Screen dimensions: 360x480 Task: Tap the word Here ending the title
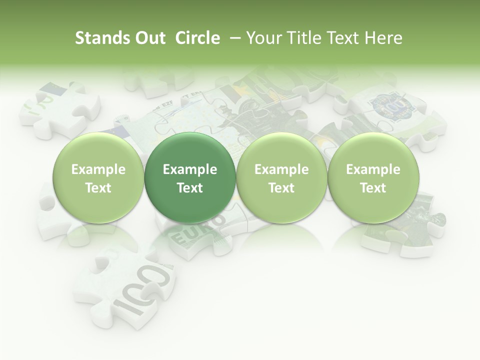pyautogui.click(x=383, y=38)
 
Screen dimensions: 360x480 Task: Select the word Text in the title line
pyautogui.click(x=342, y=38)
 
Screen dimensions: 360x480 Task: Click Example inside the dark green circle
pyautogui.click(x=190, y=170)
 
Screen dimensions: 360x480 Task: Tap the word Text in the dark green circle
pyautogui.click(x=190, y=188)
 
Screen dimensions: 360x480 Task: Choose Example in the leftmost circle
pyautogui.click(x=98, y=170)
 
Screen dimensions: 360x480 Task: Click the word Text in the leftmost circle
pyautogui.click(x=98, y=188)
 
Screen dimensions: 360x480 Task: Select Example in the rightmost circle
pyautogui.click(x=373, y=170)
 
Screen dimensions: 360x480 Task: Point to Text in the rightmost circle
pyautogui.click(x=373, y=188)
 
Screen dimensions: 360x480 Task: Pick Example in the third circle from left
pyautogui.click(x=281, y=170)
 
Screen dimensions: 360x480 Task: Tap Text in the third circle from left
pyautogui.click(x=281, y=188)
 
